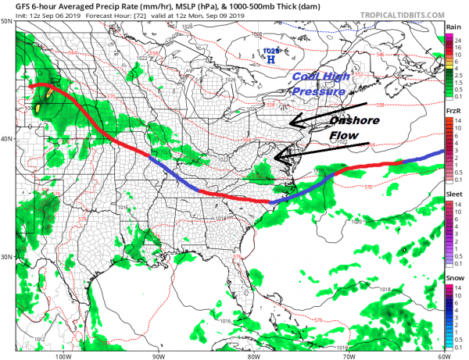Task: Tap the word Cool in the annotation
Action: point(306,77)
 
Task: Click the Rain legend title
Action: point(453,27)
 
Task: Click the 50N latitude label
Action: point(7,22)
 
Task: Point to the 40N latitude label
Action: point(7,139)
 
